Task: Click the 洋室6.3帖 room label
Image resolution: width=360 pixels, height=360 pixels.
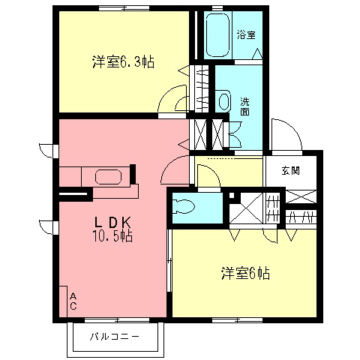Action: point(123,63)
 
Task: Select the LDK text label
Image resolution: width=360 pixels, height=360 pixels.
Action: point(113,222)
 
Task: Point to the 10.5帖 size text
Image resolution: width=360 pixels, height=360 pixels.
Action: point(113,236)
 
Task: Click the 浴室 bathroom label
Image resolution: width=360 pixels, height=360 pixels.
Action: point(246,34)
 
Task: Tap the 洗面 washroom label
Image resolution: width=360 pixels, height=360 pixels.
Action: point(245,106)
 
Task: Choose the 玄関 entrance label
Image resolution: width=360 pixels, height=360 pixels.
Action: point(291,170)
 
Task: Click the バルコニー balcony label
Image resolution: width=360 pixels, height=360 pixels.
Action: point(114,336)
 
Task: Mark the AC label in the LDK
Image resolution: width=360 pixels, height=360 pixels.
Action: point(73,301)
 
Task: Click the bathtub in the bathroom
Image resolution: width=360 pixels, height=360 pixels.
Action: point(220,34)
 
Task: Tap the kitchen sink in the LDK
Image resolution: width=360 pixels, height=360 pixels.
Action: point(109,178)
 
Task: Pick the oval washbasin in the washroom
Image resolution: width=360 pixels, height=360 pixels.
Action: point(223,100)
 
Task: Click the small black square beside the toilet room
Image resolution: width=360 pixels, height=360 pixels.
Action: point(233,197)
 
